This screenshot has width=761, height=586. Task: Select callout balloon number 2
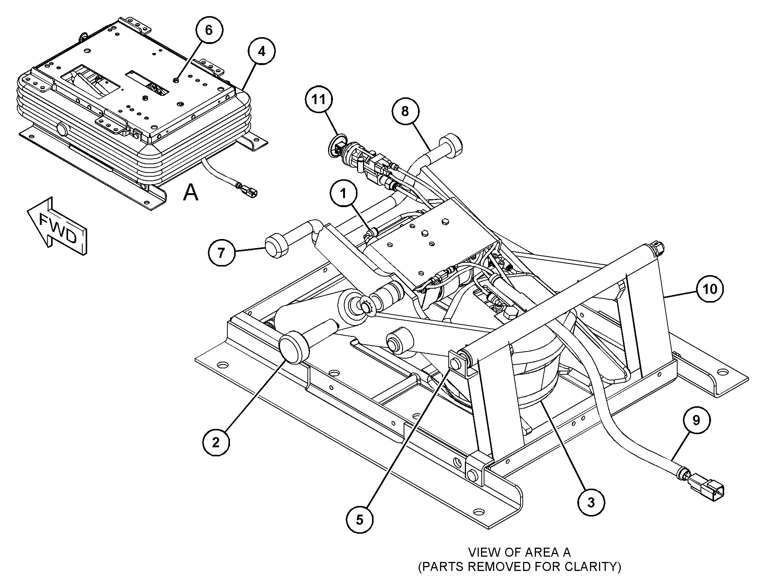(x=216, y=442)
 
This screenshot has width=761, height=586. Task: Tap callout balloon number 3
(x=591, y=502)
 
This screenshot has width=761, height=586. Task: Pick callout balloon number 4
(x=262, y=51)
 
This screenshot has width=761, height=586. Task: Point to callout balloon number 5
(x=360, y=520)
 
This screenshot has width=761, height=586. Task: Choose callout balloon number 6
(x=209, y=30)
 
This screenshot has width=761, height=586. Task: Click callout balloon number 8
(x=405, y=111)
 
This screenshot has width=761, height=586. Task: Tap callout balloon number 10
(x=710, y=289)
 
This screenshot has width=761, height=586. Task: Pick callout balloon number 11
(x=319, y=100)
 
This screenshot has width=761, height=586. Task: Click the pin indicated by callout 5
(x=455, y=364)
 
